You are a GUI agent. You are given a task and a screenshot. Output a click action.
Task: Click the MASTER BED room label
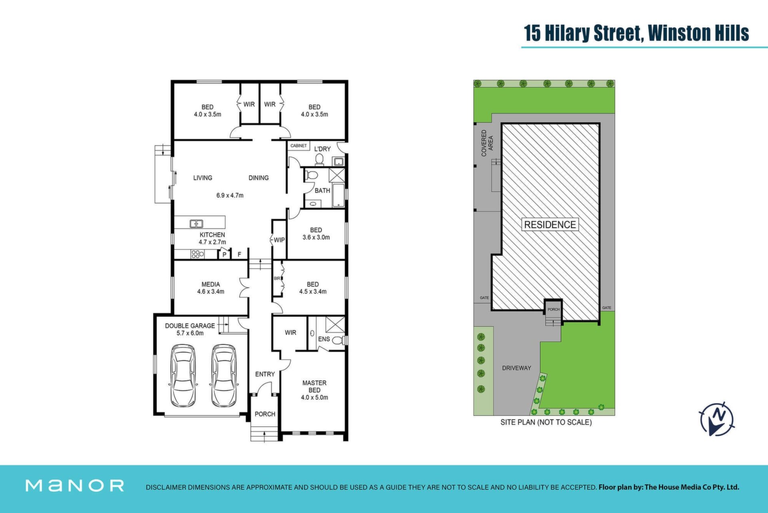(314, 386)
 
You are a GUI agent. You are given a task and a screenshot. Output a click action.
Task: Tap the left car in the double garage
(183, 375)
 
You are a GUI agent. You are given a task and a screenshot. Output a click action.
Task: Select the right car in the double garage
(224, 375)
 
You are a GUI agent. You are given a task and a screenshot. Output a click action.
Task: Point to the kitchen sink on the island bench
(196, 224)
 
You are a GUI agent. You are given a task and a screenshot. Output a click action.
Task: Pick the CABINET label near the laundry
(298, 146)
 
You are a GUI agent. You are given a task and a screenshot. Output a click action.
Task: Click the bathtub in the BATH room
(338, 195)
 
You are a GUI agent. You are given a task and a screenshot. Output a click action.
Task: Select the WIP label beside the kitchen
(279, 240)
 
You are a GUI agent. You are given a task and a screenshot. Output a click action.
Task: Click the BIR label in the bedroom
(277, 278)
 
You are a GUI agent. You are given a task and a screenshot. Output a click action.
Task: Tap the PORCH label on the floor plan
(265, 414)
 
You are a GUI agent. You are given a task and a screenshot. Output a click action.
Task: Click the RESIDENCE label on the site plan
(550, 225)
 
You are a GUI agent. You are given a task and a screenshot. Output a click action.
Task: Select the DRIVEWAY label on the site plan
(516, 368)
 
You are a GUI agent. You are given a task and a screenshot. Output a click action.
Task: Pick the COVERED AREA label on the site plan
(487, 143)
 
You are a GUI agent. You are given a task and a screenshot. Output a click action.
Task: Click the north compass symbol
(717, 419)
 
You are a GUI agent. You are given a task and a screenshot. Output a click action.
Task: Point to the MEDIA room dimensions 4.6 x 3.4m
(210, 291)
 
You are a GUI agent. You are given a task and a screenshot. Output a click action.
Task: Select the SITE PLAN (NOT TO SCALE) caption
(546, 422)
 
